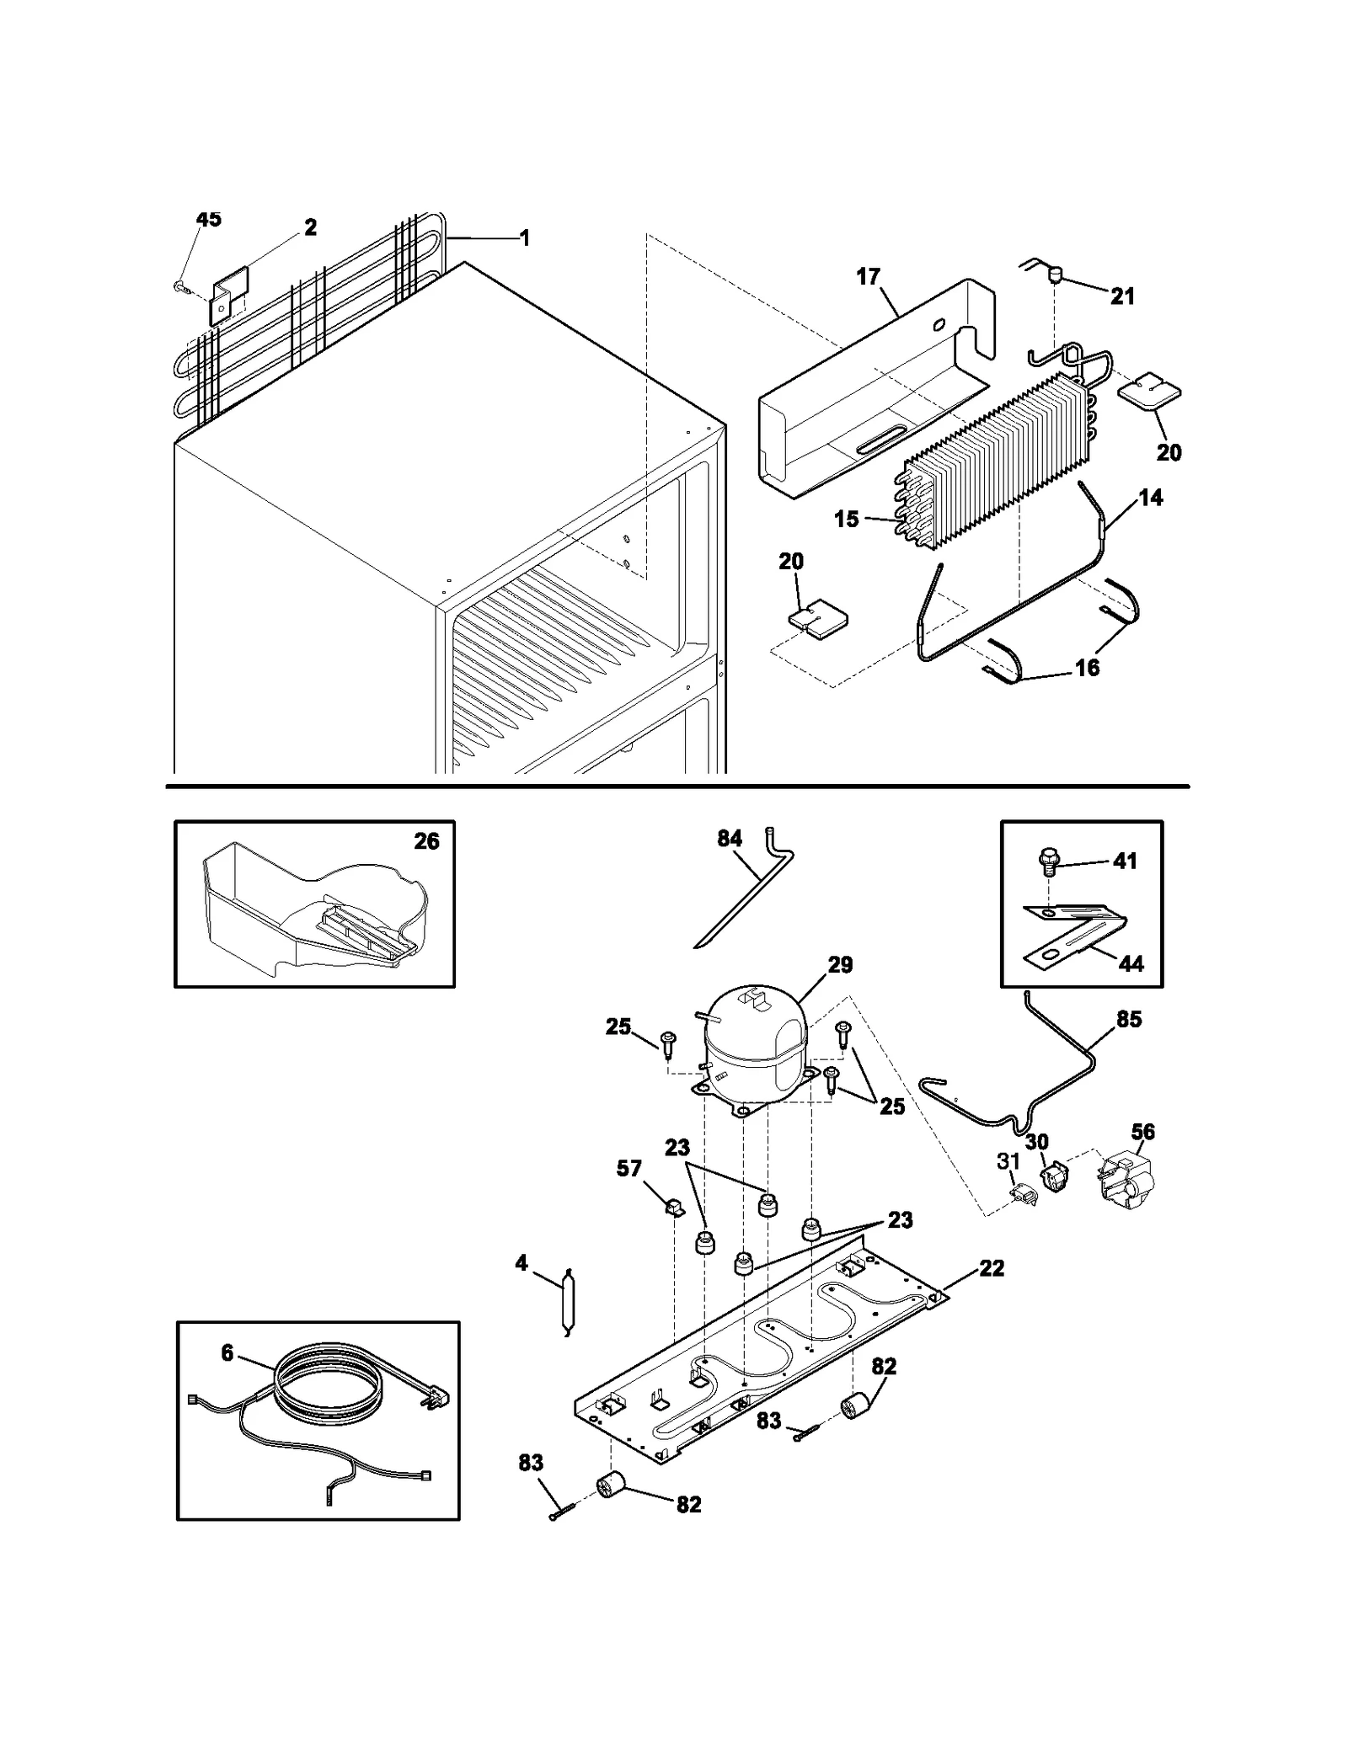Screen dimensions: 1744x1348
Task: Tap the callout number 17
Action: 868,276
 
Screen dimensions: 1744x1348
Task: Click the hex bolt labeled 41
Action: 1048,861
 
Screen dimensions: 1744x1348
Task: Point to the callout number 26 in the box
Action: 426,841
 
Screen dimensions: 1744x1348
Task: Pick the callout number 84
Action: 730,839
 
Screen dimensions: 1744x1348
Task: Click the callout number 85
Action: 1129,1019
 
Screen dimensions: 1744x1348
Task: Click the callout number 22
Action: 992,1268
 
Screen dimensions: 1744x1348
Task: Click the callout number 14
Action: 1150,498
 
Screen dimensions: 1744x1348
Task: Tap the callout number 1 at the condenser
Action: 524,238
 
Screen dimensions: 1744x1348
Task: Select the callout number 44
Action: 1131,963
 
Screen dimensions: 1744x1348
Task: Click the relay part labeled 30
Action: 1055,1176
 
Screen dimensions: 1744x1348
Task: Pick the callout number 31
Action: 1008,1161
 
